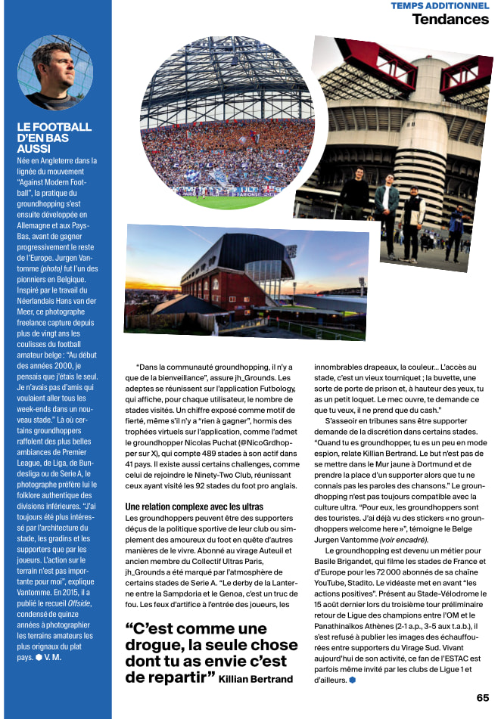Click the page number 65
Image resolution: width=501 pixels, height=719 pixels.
click(483, 697)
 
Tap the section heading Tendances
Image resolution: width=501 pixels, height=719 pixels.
click(450, 19)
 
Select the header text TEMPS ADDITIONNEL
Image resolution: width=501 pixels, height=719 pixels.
click(440, 5)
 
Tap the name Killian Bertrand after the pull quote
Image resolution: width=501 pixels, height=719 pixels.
click(256, 679)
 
